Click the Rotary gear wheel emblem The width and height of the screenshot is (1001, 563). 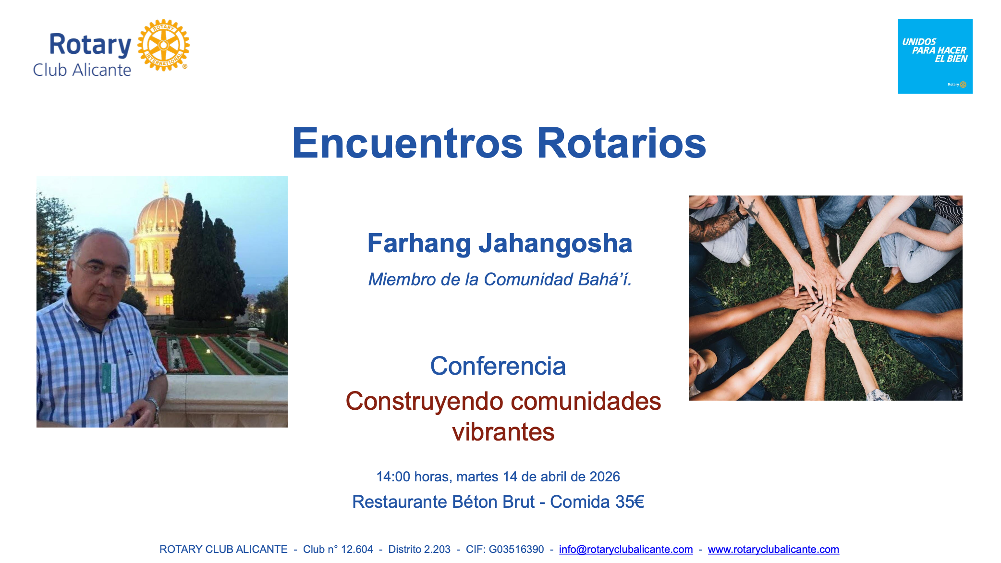tap(163, 45)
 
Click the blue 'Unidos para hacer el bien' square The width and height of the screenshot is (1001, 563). tap(935, 56)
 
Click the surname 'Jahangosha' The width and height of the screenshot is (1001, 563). tap(555, 244)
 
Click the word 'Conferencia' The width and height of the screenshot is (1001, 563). tap(498, 366)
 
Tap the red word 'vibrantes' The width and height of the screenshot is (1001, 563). tap(503, 432)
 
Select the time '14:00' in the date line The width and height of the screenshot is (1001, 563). tap(393, 477)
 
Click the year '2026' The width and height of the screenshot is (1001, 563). tap(604, 477)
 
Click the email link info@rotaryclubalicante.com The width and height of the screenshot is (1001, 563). tap(626, 549)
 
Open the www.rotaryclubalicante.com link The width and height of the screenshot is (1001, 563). tap(773, 549)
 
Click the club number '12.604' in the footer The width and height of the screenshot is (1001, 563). tap(357, 549)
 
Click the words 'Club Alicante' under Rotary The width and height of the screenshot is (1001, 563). tap(82, 70)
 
